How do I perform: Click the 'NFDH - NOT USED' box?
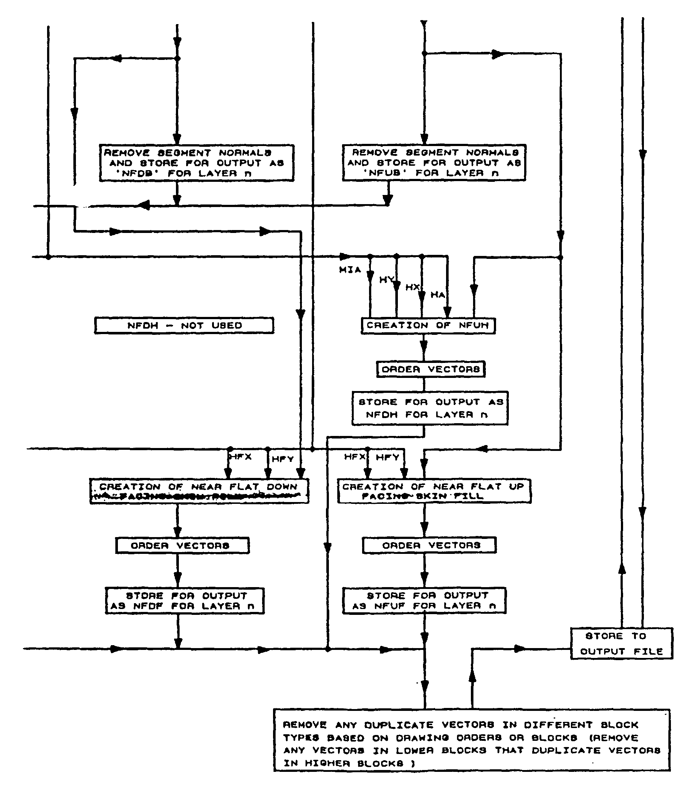pos(184,326)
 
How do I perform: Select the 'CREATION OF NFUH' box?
pos(428,326)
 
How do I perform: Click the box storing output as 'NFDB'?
pos(196,163)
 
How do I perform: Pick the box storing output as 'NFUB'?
pos(434,163)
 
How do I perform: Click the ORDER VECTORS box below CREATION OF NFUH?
pos(430,369)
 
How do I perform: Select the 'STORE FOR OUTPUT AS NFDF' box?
pos(185,601)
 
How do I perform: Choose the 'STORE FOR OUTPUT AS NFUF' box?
pos(424,600)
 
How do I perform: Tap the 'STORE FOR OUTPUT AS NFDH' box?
pos(430,408)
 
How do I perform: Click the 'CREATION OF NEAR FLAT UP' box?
pos(434,491)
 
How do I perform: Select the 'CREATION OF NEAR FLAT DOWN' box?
pos(199,491)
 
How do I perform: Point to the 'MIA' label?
pos(350,270)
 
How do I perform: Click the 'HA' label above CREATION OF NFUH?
pos(437,295)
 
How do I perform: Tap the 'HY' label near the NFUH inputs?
pos(386,280)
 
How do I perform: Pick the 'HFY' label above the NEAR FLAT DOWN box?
pos(283,459)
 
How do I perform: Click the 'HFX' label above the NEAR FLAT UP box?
pos(355,457)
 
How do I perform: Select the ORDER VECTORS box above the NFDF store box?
pos(182,545)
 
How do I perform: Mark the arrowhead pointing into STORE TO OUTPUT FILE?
pos(520,649)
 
